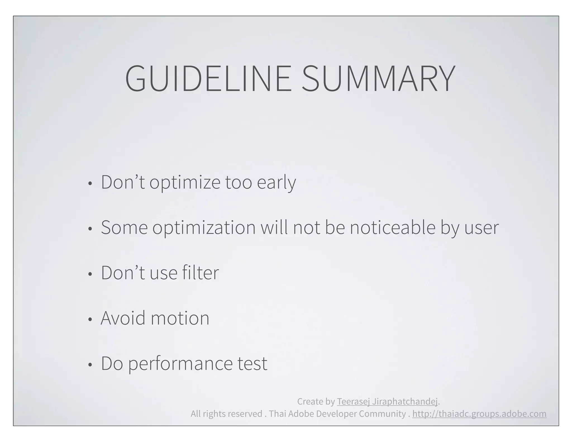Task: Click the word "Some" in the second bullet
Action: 124,227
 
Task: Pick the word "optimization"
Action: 204,228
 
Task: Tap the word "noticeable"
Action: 393,227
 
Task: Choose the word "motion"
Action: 180,319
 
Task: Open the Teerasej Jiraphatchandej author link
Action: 387,401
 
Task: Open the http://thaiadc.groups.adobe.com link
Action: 479,414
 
